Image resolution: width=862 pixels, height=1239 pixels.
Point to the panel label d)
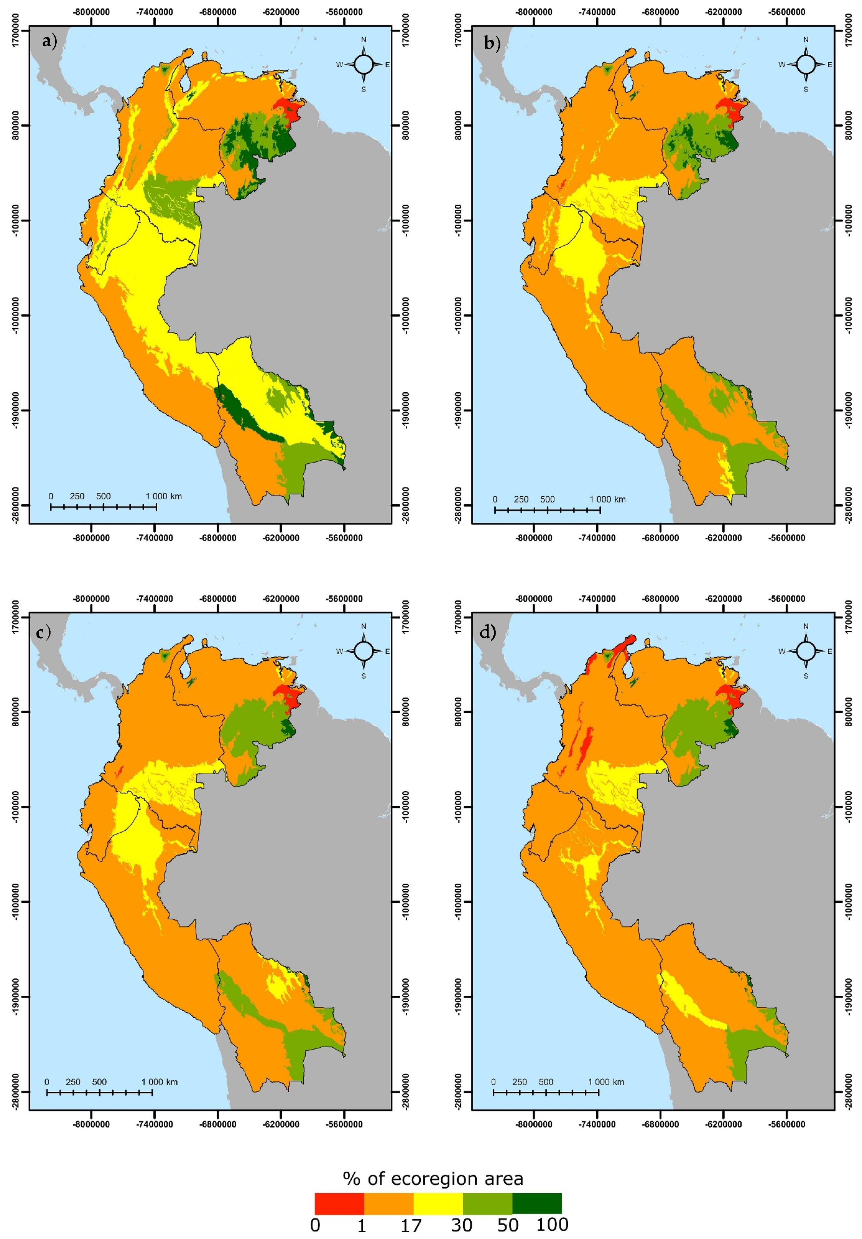coord(488,631)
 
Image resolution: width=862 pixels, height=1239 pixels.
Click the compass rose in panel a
coord(363,64)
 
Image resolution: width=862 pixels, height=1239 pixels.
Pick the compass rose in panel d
coord(806,651)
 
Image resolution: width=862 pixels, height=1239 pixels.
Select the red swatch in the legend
coord(339,1188)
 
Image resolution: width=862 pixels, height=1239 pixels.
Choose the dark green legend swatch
coord(537,1188)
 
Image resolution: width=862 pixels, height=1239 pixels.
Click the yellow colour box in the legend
coord(438,1188)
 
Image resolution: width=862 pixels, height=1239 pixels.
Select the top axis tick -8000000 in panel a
coord(92,12)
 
